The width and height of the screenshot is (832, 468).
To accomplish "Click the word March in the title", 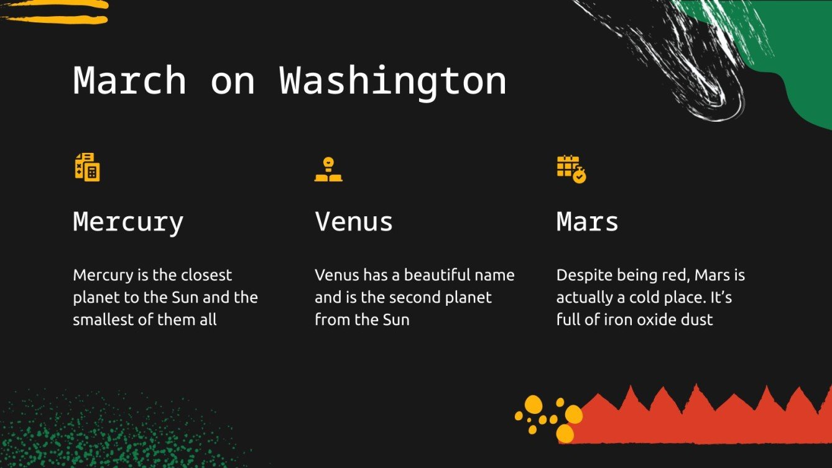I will click(x=129, y=81).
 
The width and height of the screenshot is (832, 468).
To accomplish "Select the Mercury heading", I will click(x=128, y=222).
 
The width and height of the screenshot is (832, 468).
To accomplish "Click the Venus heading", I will click(x=353, y=221).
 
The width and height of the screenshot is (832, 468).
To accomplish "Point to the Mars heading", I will click(x=587, y=221).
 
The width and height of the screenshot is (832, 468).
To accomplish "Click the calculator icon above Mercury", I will click(x=87, y=167).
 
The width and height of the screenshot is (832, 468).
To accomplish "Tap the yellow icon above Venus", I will click(x=328, y=169).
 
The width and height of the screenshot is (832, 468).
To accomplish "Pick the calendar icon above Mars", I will click(x=571, y=168).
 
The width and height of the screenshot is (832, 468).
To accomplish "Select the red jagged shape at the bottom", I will click(x=703, y=420).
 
